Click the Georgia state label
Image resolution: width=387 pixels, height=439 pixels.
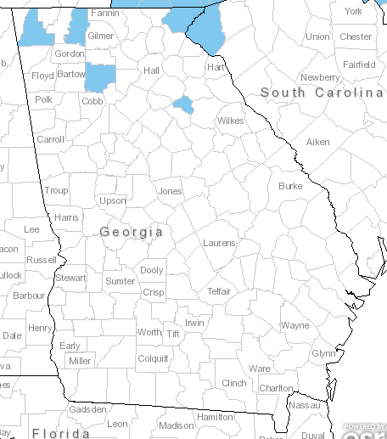pyautogui.click(x=131, y=231)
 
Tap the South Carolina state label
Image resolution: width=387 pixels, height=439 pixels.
pyautogui.click(x=321, y=92)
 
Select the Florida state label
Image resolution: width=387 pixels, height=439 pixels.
pyautogui.click(x=60, y=432)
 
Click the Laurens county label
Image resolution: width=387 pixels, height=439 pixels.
pyautogui.click(x=219, y=243)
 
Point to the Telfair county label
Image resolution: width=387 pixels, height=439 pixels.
pyautogui.click(x=219, y=291)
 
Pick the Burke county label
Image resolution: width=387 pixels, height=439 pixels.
pyautogui.click(x=290, y=185)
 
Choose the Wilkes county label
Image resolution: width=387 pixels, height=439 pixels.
pyautogui.click(x=230, y=121)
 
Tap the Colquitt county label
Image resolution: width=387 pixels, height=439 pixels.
pyautogui.click(x=153, y=357)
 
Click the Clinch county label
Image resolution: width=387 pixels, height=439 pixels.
pyautogui.click(x=233, y=383)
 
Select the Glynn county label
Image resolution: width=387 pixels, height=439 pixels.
pyautogui.click(x=323, y=352)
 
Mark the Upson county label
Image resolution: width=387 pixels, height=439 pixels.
pyautogui.click(x=112, y=200)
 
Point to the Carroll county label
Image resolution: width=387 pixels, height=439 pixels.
pyautogui.click(x=50, y=138)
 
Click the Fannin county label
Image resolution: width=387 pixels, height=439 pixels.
pyautogui.click(x=104, y=13)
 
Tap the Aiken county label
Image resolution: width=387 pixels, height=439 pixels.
pyautogui.click(x=317, y=142)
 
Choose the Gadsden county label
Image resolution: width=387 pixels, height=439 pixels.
pyautogui.click(x=88, y=409)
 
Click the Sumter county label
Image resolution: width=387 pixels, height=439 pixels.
pyautogui.click(x=120, y=280)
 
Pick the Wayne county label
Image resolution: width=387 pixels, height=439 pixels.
pyautogui.click(x=295, y=325)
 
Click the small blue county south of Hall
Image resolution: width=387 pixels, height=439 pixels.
pyautogui.click(x=182, y=104)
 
